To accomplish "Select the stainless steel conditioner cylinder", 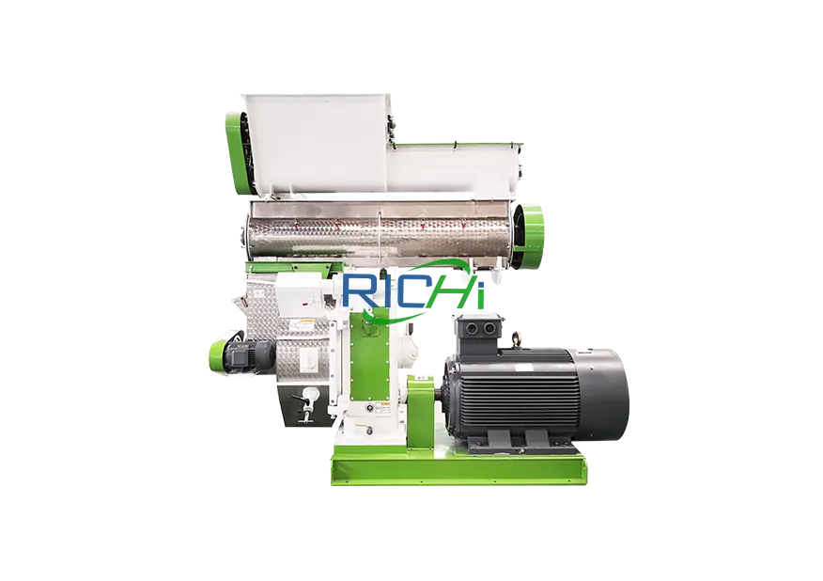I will (376, 231).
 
